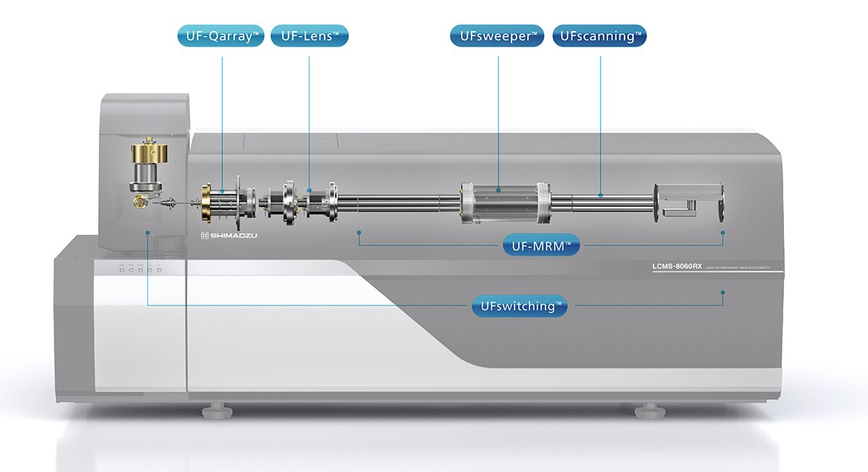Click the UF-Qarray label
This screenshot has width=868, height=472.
click(222, 36)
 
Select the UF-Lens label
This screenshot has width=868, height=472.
click(309, 36)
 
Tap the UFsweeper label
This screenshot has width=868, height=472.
click(497, 36)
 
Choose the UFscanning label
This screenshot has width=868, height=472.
click(600, 36)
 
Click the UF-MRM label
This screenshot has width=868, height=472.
click(541, 245)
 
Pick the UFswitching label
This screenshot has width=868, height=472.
click(519, 305)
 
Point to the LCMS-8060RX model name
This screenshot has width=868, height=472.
click(677, 267)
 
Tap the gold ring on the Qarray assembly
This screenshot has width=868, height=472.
click(206, 203)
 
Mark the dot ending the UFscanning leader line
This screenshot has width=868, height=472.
click(601, 194)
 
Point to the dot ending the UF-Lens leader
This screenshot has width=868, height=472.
click(309, 190)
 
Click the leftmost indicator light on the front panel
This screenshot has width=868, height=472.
click(121, 270)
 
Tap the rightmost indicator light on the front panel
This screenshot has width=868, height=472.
click(159, 270)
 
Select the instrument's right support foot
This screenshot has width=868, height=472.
click(644, 410)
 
